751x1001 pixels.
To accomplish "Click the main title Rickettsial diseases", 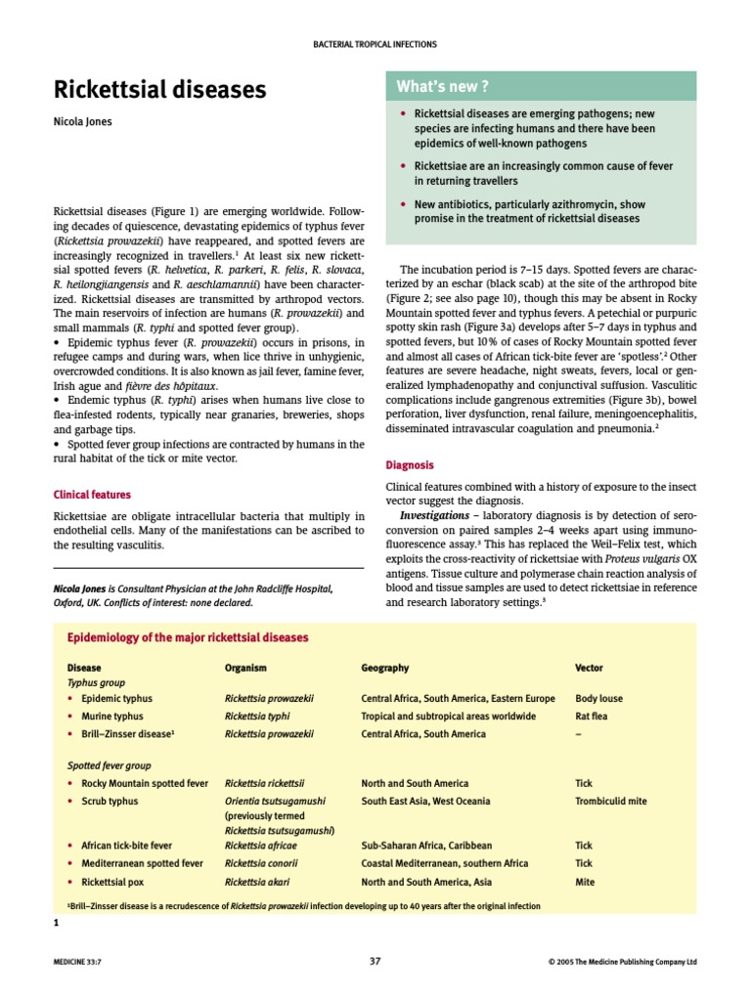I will coord(158,90).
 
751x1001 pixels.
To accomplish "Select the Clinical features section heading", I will coord(92,495).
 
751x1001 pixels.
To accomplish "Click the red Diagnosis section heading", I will coord(411,465).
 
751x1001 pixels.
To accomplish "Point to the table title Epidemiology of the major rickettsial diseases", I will coord(187,637).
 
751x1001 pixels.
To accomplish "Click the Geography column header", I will coord(384,668).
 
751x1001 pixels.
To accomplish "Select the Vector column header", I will coord(589,668).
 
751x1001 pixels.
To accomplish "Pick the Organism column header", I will coord(245,668).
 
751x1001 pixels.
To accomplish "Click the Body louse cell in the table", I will coord(598,699).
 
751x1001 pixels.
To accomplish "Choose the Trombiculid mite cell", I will coord(610,801).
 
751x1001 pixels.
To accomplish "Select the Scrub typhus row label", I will coord(110,801).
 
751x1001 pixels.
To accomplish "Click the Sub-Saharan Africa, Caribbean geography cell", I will coord(426,846).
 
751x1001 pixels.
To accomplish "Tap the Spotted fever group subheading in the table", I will coord(109,765).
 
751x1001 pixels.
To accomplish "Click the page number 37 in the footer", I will coord(375,961).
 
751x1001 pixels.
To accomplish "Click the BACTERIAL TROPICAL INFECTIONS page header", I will coord(375,44).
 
